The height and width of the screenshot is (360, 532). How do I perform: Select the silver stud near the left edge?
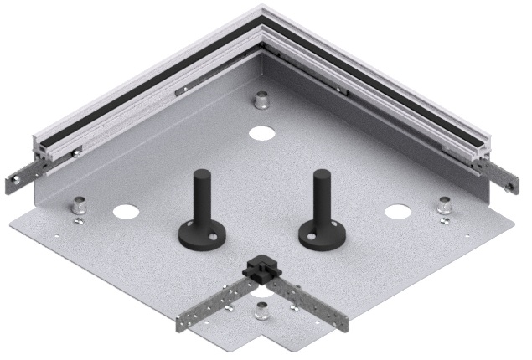point(79,203)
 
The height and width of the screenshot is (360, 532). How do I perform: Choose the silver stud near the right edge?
point(444,204)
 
